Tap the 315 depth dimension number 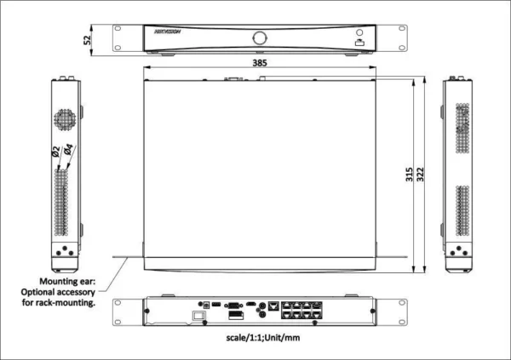click(410, 176)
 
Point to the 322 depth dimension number click(423, 176)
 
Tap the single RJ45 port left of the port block click(273, 304)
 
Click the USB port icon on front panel click(359, 41)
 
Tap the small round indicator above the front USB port click(359, 31)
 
